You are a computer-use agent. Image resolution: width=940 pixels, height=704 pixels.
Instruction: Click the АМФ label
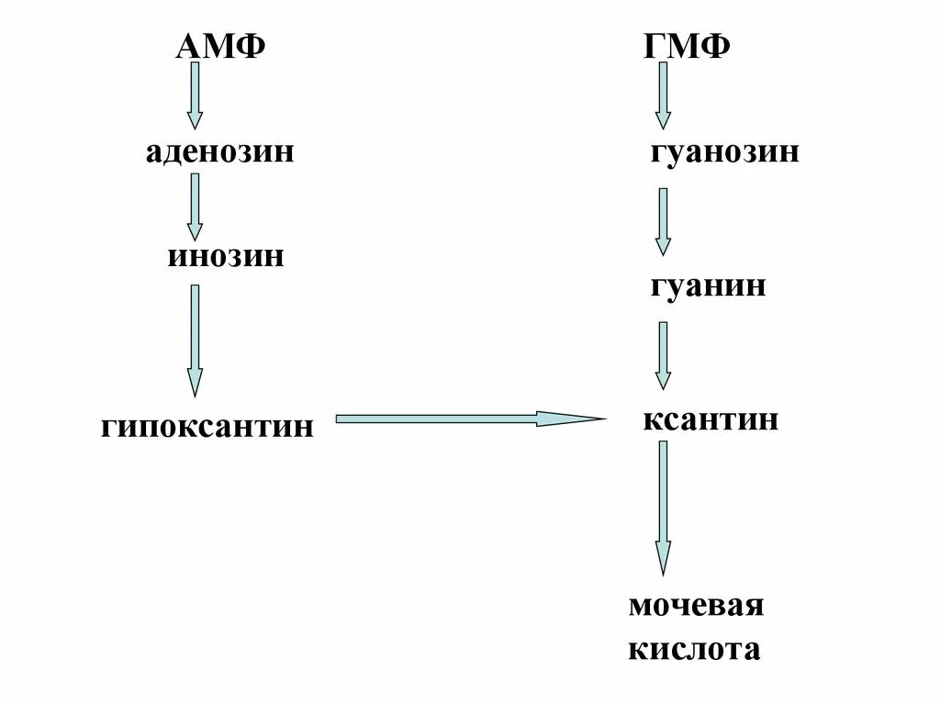click(220, 46)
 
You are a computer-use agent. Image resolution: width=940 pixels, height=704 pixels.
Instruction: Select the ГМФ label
click(688, 46)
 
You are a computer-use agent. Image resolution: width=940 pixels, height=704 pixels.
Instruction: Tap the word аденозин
click(218, 151)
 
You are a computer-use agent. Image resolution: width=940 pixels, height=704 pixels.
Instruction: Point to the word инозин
click(225, 255)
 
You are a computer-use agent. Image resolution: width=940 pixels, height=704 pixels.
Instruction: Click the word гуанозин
click(724, 151)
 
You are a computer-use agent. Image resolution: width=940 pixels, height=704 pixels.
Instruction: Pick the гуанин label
click(708, 286)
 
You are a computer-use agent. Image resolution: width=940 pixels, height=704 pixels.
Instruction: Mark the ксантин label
click(711, 420)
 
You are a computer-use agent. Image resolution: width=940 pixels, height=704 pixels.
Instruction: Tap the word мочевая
click(697, 607)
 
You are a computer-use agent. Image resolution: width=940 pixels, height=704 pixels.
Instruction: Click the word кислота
click(695, 650)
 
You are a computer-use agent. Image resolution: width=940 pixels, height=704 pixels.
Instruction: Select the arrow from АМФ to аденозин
click(195, 95)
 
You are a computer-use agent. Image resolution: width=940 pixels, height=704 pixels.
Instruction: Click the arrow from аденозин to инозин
click(195, 207)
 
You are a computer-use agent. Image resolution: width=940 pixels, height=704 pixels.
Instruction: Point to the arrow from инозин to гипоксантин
click(195, 340)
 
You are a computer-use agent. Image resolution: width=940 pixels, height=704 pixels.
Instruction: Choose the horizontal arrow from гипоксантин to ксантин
click(468, 419)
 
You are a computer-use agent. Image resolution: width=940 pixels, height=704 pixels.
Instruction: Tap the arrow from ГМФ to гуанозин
click(663, 95)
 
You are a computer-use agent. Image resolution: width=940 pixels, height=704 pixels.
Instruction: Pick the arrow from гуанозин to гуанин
click(663, 221)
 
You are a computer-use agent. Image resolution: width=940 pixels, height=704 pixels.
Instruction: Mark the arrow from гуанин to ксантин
click(663, 355)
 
